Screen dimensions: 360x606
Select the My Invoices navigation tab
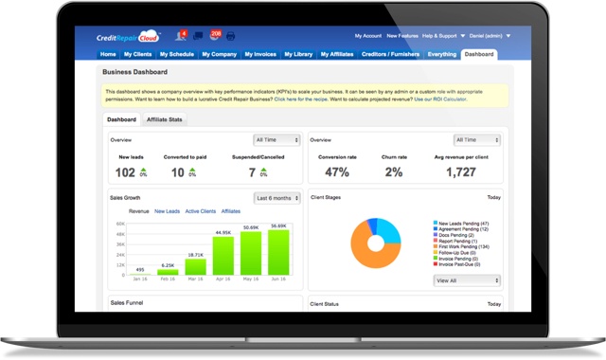tap(261, 55)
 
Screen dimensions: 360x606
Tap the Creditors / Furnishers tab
tap(389, 55)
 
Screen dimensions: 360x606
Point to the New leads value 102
tap(125, 172)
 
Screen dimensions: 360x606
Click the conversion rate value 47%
tap(336, 172)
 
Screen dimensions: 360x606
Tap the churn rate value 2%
tap(394, 172)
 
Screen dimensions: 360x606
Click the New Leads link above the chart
tap(167, 211)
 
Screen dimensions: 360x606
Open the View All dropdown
tap(466, 280)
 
